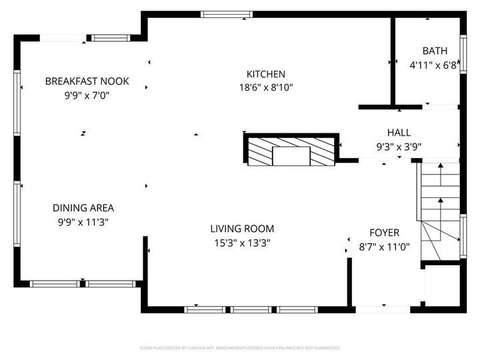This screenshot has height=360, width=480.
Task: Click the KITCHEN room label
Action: (x=266, y=74)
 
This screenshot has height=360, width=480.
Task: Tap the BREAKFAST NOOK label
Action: (x=87, y=81)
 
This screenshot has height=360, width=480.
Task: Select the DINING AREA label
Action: (x=83, y=208)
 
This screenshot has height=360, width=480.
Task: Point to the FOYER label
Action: (x=385, y=233)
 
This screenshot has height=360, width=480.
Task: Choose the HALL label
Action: (x=399, y=133)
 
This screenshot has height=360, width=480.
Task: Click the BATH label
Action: (x=435, y=51)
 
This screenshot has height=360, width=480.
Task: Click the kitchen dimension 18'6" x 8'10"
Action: (x=266, y=87)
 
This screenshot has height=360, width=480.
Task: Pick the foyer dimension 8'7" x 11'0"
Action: (x=385, y=247)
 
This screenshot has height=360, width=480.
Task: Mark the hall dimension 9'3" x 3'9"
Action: (x=399, y=147)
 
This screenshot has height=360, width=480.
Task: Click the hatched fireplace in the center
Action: (x=291, y=151)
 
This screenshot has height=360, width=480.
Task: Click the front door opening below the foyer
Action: (x=383, y=309)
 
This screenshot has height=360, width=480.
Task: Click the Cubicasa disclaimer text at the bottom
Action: (x=240, y=347)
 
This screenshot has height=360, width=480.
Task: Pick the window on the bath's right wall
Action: (x=462, y=54)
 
